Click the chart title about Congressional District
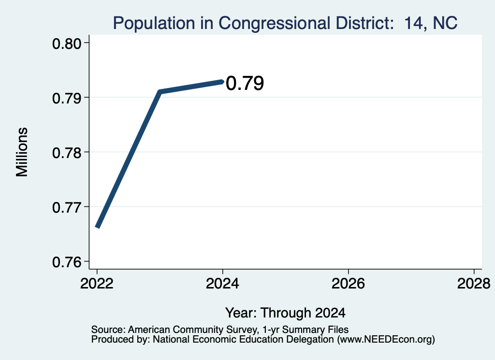pos(285,23)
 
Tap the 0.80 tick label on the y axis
pos(67,44)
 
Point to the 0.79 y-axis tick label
pos(67,99)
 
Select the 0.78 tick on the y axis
pos(67,153)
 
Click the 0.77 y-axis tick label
pos(67,208)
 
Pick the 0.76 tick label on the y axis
pos(67,262)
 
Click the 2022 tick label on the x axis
pos(97,284)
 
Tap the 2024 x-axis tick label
pos(222,284)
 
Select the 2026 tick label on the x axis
pos(348,284)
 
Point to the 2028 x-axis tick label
pos(474,284)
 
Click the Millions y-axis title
pos(22,152)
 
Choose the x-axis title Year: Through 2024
pos(285,313)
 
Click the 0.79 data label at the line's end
pos(245,83)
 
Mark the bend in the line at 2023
pos(160,92)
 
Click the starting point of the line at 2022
pos(98,226)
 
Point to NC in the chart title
pos(445,23)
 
